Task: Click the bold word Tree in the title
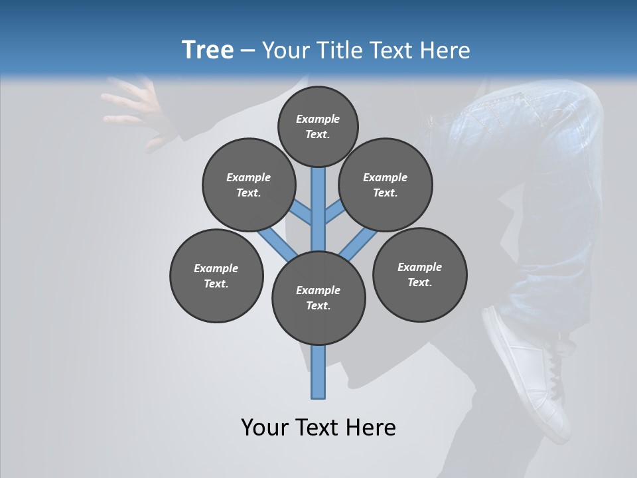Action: click(208, 50)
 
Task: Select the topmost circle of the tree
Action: click(318, 126)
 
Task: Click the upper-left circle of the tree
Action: click(249, 185)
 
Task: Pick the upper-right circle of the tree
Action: click(386, 185)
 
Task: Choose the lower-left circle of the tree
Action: click(216, 276)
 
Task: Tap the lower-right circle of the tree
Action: click(419, 274)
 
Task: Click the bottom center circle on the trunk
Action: click(318, 297)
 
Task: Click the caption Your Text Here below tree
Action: click(318, 427)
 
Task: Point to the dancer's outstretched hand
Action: click(136, 110)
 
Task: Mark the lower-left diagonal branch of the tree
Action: click(275, 244)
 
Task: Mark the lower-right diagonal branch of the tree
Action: click(359, 244)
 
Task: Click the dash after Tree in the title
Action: click(248, 50)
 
